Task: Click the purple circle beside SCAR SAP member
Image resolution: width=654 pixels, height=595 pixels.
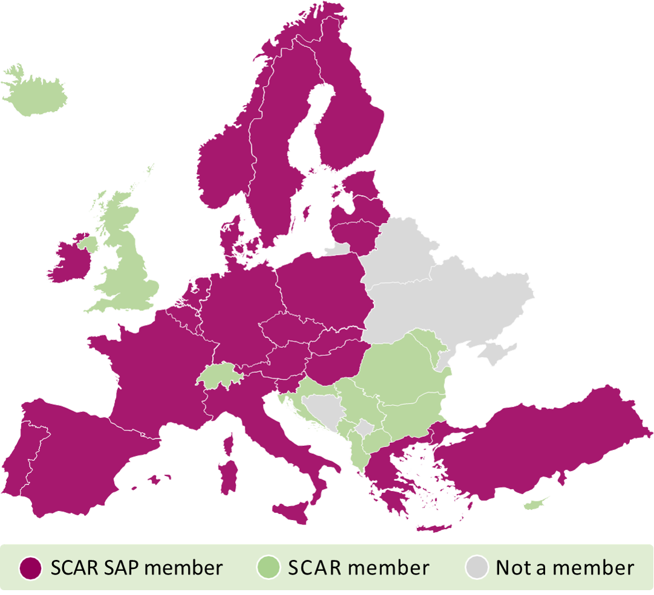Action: click(x=30, y=568)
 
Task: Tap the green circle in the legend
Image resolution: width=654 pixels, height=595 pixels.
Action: click(x=268, y=568)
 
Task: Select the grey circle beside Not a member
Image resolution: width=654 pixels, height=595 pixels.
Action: click(x=476, y=568)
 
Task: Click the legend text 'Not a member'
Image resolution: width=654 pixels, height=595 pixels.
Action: click(x=565, y=568)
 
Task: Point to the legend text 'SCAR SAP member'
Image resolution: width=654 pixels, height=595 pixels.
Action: click(x=137, y=568)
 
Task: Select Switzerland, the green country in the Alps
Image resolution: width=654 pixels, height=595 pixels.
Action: click(x=219, y=375)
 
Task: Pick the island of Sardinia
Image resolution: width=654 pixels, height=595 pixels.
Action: click(x=228, y=477)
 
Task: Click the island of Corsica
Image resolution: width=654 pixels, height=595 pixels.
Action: click(x=229, y=443)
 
